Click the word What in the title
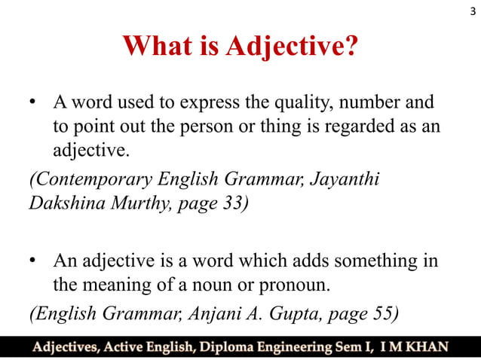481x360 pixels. pos(155,47)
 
